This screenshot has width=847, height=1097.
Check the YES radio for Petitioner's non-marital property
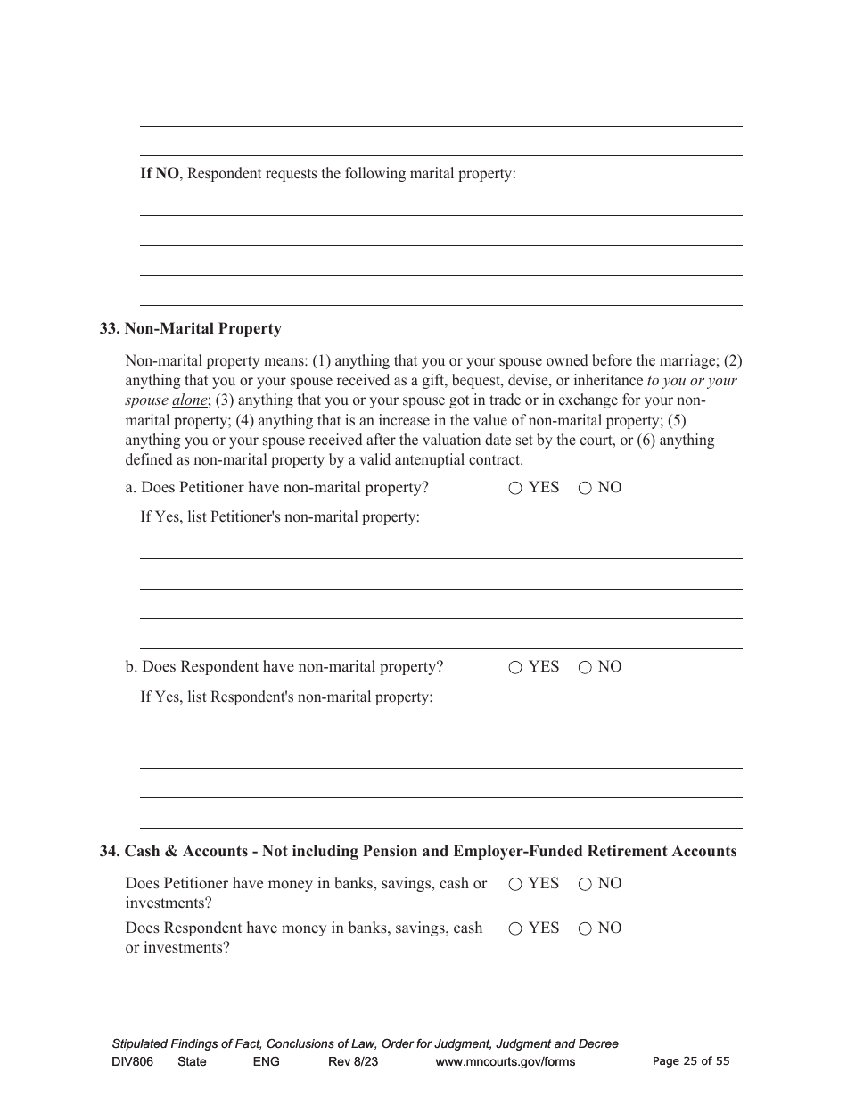pyautogui.click(x=515, y=488)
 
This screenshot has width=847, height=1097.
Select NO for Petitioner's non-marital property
pyautogui.click(x=585, y=488)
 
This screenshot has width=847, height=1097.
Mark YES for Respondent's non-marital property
pyautogui.click(x=515, y=667)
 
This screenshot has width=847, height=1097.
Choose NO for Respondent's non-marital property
pyautogui.click(x=585, y=667)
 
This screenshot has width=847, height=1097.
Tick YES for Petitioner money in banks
pyautogui.click(x=515, y=884)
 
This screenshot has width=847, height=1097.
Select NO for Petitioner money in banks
pyautogui.click(x=585, y=884)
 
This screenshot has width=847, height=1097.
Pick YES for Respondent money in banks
pyautogui.click(x=515, y=928)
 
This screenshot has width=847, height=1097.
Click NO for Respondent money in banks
pyautogui.click(x=585, y=928)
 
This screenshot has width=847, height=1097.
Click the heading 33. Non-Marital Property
pyautogui.click(x=191, y=328)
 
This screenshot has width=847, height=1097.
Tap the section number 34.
pyautogui.click(x=109, y=851)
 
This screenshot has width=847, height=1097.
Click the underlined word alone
pyautogui.click(x=189, y=400)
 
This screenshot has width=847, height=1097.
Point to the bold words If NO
pyautogui.click(x=160, y=173)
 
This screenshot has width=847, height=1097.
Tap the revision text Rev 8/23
pyautogui.click(x=353, y=1061)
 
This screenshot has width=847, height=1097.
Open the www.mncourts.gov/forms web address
pyautogui.click(x=505, y=1061)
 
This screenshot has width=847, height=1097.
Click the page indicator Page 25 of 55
pyautogui.click(x=691, y=1061)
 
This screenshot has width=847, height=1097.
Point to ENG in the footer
pyautogui.click(x=266, y=1061)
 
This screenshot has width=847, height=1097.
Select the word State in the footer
pyautogui.click(x=192, y=1061)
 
